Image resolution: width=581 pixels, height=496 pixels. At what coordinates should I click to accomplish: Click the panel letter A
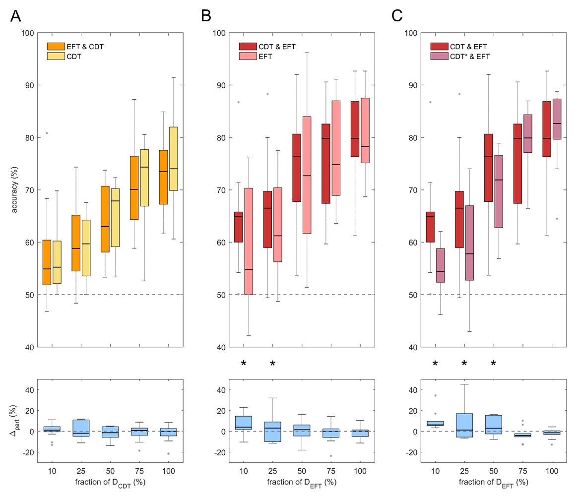(x=16, y=16)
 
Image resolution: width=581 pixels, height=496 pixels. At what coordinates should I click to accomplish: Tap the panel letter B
(x=206, y=16)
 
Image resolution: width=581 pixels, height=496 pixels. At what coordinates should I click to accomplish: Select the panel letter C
(x=397, y=16)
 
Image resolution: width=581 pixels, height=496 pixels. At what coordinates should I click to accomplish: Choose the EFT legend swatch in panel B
(x=246, y=57)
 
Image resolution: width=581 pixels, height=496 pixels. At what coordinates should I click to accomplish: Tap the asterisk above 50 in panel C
(x=494, y=364)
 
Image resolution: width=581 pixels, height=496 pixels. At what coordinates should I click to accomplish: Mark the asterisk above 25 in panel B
(x=272, y=364)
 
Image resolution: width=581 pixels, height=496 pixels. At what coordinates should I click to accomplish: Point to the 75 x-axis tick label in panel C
(x=523, y=469)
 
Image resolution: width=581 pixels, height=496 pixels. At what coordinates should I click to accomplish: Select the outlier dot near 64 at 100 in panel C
(x=557, y=219)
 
